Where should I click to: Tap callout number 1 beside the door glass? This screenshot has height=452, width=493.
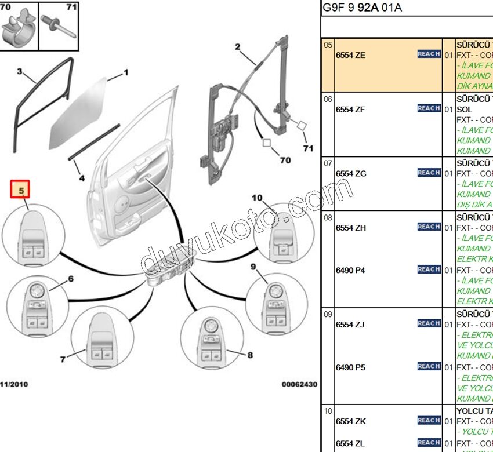click(x=125, y=74)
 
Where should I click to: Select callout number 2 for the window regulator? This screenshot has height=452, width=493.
click(x=237, y=47)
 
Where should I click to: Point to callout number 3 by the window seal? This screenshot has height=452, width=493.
click(x=19, y=72)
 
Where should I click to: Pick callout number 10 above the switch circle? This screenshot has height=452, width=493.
click(x=256, y=198)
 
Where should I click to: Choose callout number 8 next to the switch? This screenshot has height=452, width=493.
click(x=250, y=355)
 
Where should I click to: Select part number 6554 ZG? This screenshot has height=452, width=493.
click(x=351, y=173)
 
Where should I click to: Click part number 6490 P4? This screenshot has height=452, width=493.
click(x=351, y=270)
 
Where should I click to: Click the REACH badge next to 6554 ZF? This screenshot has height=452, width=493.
click(x=429, y=108)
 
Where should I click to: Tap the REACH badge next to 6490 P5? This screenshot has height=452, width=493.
click(x=429, y=366)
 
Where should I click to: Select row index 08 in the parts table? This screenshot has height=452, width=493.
click(x=328, y=218)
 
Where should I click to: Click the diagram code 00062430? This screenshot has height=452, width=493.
click(x=299, y=384)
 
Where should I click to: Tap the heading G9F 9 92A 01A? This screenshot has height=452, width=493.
click(x=361, y=8)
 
